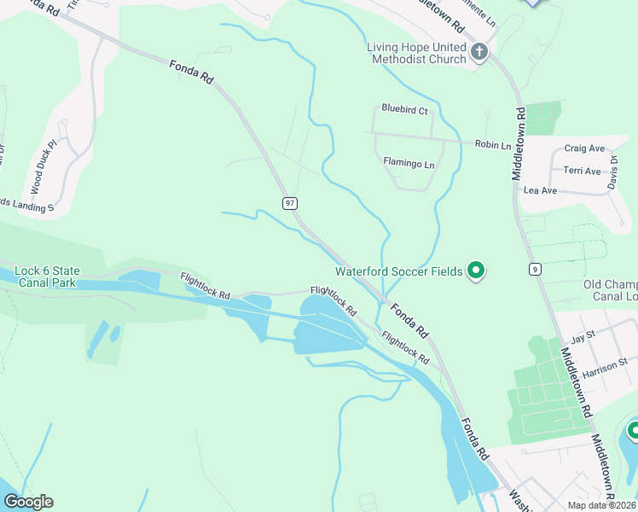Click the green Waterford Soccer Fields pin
pyautogui.click(x=477, y=271)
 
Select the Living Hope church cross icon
pyautogui.click(x=478, y=53)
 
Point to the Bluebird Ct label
pyautogui.click(x=404, y=109)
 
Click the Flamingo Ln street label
pyautogui.click(x=409, y=161)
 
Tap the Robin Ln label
pyautogui.click(x=492, y=145)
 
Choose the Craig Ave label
pyautogui.click(x=584, y=148)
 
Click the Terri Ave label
pyautogui.click(x=583, y=171)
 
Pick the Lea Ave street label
pyautogui.click(x=540, y=190)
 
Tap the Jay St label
pyautogui.click(x=583, y=339)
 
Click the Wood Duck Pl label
pyautogui.click(x=46, y=166)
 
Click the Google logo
pyautogui.click(x=28, y=502)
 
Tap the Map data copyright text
pyautogui.click(x=601, y=505)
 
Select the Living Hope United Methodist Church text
pyautogui.click(x=417, y=53)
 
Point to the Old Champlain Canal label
pyautogui.click(x=609, y=290)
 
